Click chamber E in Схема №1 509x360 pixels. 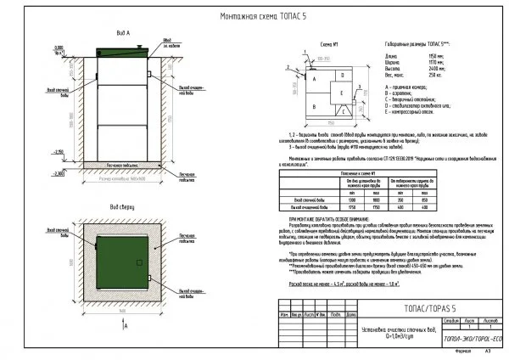tap(340, 93)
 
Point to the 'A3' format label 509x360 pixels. tap(487, 350)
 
